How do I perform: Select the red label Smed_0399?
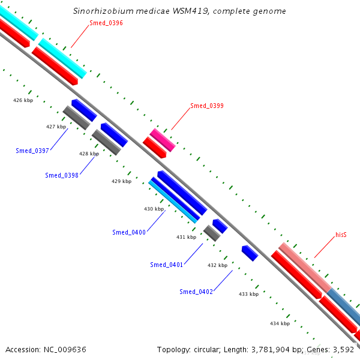tap(207, 106)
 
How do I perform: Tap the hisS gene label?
tap(341, 235)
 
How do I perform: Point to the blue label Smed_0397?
tap(32, 150)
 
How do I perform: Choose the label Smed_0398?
tap(62, 175)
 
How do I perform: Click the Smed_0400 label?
tap(128, 232)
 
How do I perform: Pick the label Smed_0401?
tap(166, 265)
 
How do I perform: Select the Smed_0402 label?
tap(196, 292)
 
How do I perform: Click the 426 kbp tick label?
tap(23, 100)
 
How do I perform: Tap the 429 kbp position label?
tap(121, 181)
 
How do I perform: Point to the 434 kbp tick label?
tap(280, 323)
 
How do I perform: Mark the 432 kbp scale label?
tap(217, 265)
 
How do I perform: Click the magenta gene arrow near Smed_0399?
tap(162, 140)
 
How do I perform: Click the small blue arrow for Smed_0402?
tap(250, 253)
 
